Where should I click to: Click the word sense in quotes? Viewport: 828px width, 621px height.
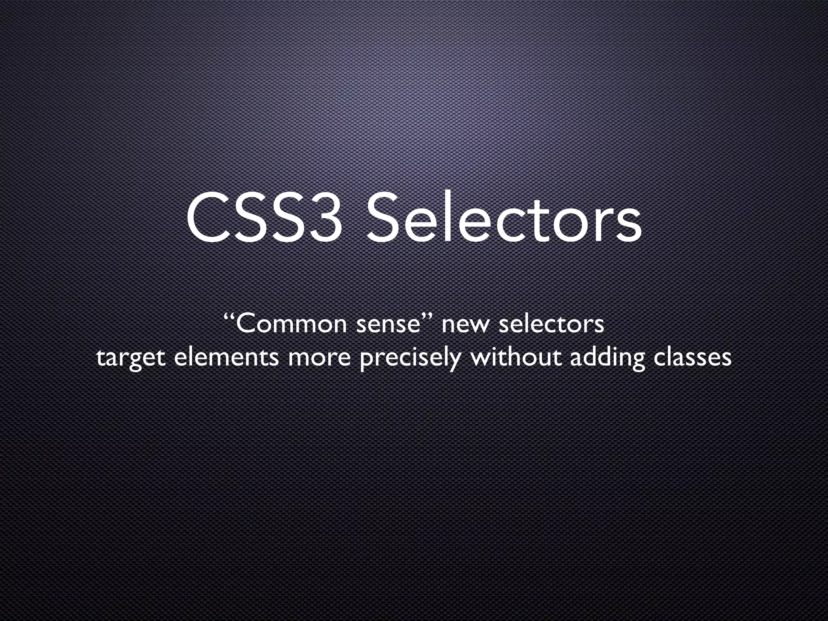pos(388,325)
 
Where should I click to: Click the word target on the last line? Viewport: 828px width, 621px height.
pos(131,358)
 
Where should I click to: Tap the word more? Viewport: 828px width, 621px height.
pos(319,358)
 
